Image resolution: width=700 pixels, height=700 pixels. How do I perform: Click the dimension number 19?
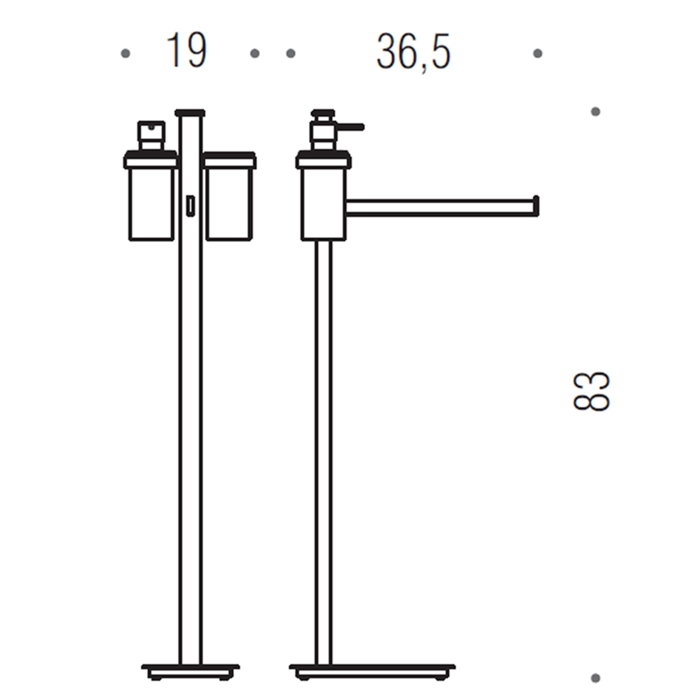point(186,51)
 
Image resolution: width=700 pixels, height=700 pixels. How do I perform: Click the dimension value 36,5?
point(413,52)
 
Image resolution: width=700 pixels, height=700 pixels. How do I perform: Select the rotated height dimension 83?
point(591,391)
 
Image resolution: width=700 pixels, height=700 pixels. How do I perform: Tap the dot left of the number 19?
point(125,54)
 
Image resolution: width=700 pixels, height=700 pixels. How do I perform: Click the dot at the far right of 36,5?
point(538,54)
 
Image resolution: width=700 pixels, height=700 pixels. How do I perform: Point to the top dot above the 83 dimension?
point(595,112)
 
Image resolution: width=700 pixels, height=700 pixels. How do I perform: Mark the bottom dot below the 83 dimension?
point(595,678)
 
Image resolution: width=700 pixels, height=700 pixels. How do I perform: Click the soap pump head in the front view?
point(152,136)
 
